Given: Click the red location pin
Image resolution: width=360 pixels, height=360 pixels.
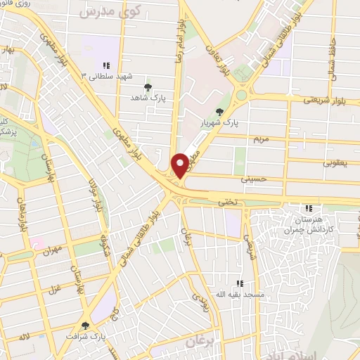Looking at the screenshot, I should [x=181, y=165].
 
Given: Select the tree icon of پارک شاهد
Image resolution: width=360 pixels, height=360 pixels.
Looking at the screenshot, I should [x=148, y=88].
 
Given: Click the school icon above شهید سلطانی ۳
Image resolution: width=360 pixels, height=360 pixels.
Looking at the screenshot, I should [x=106, y=65].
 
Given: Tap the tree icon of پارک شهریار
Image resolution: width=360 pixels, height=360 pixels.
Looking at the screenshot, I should [x=221, y=111].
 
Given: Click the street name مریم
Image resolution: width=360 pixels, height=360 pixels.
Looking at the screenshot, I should [x=262, y=139].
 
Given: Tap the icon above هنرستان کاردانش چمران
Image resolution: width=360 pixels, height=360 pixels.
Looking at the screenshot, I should [x=307, y=208].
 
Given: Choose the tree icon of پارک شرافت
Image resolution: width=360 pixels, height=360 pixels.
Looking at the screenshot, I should [x=86, y=326].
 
